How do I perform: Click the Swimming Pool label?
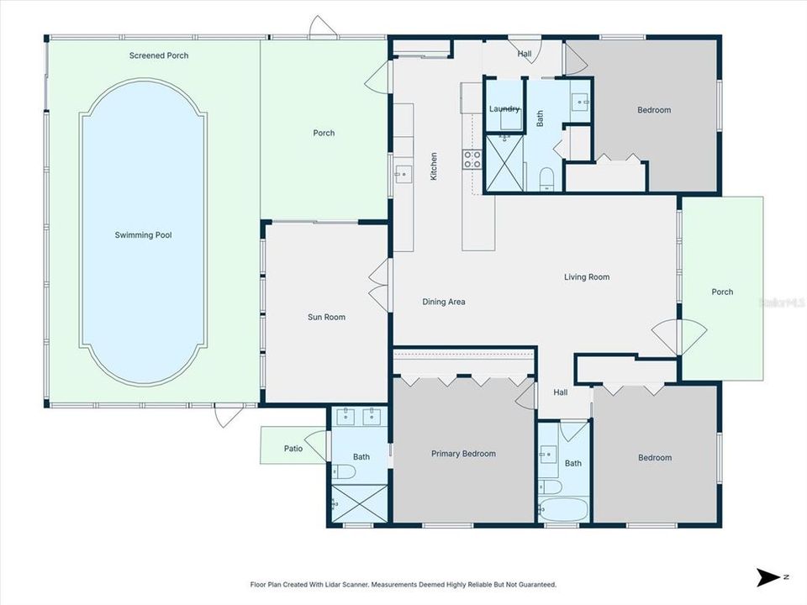(143, 235)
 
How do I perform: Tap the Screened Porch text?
(159, 55)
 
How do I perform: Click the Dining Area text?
(443, 302)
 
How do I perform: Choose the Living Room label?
(586, 276)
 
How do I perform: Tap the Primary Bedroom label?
(463, 454)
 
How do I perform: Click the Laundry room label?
(504, 109)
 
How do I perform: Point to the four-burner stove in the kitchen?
(472, 159)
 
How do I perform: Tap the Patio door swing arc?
(317, 445)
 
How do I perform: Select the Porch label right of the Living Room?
(722, 292)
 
